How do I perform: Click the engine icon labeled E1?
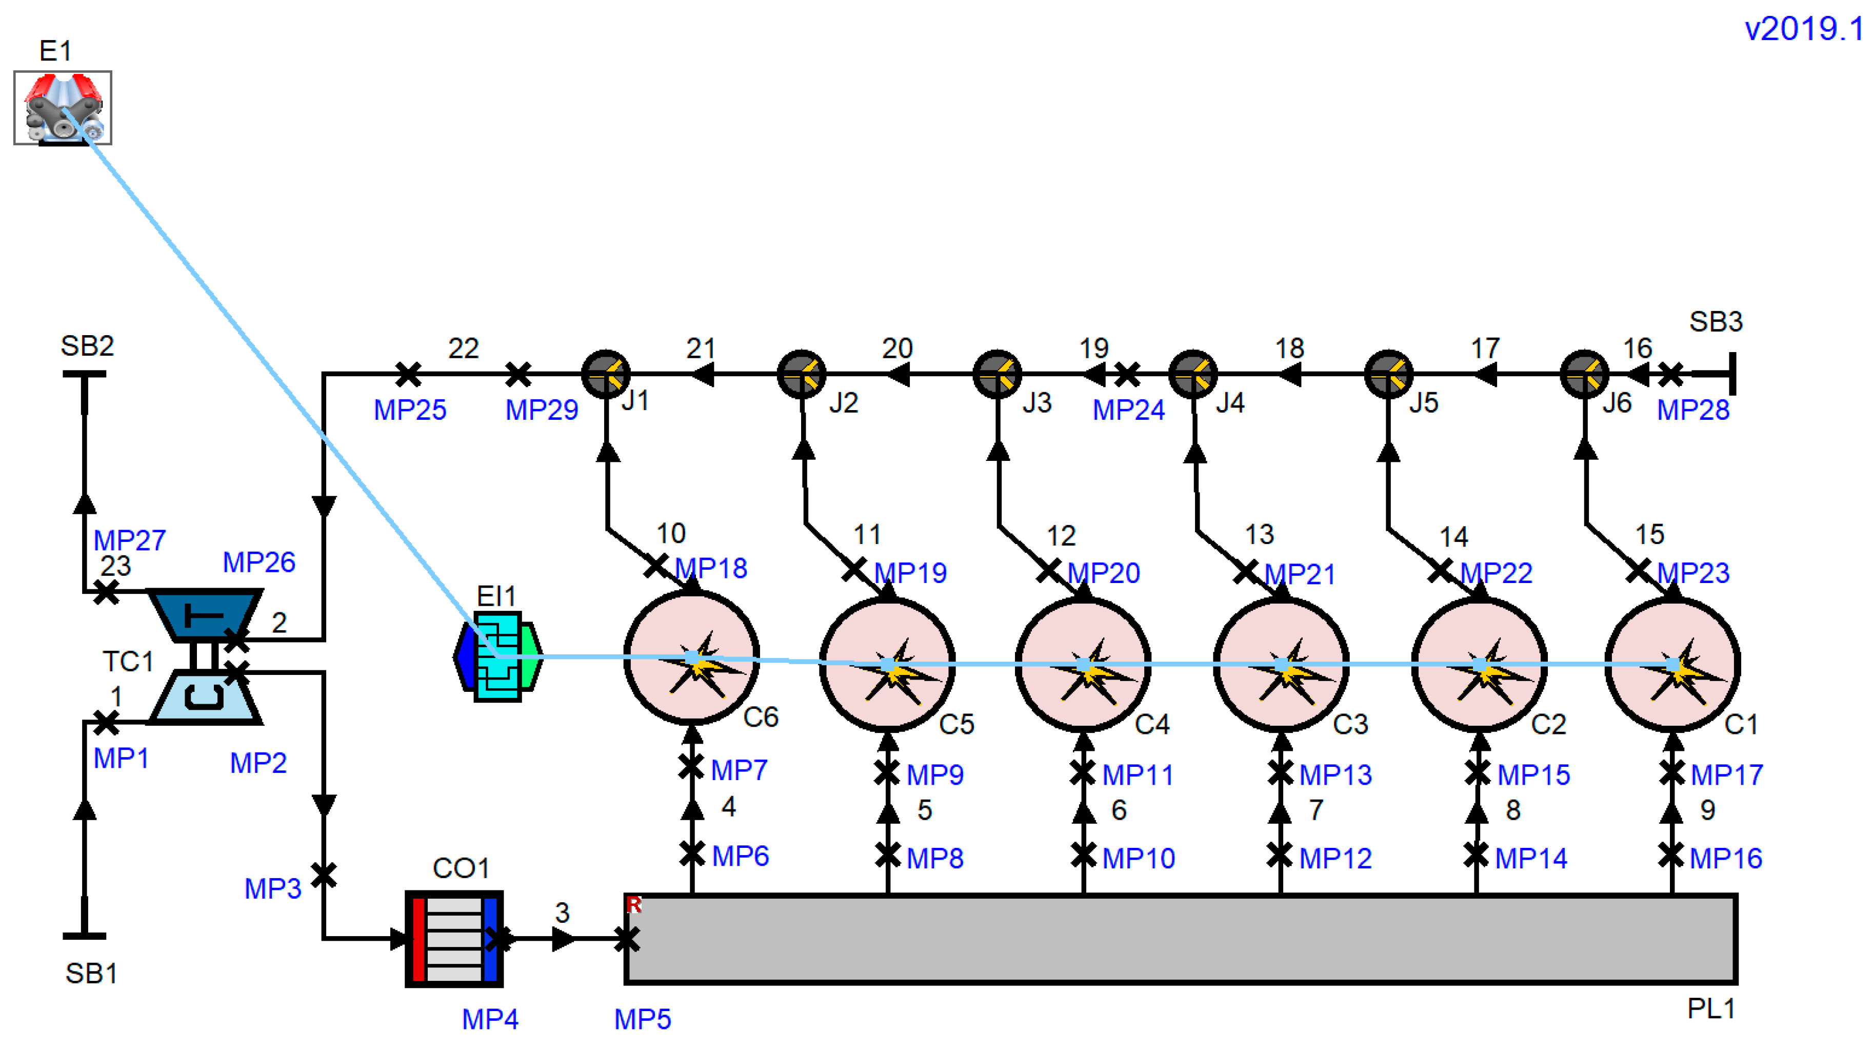tap(63, 108)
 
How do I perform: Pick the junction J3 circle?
tap(997, 374)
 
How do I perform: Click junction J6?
tap(1584, 374)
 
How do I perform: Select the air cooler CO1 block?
tap(454, 938)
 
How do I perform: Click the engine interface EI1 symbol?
tap(498, 657)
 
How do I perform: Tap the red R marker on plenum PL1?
tap(633, 904)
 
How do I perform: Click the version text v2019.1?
tap(1803, 29)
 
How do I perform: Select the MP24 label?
tap(1128, 410)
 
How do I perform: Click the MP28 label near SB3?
tap(1692, 410)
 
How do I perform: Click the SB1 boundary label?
tap(91, 973)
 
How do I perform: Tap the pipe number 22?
tap(463, 348)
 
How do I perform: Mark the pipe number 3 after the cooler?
tap(562, 913)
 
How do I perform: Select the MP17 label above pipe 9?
tap(1726, 774)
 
